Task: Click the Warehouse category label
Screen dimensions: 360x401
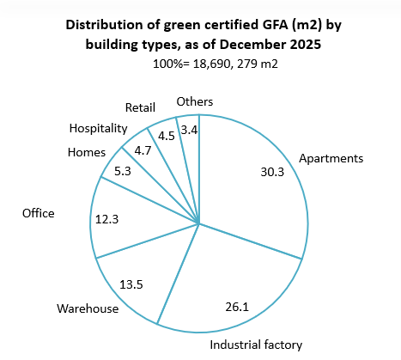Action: pos(88,308)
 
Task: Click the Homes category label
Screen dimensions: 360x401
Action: pos(86,153)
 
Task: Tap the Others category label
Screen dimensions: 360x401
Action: pos(194,102)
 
